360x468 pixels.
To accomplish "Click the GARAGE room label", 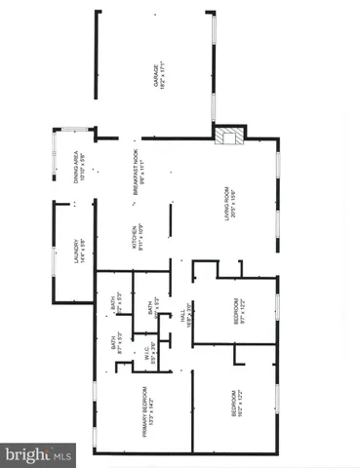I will click(157, 73).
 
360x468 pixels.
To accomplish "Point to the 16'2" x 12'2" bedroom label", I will click(236, 404).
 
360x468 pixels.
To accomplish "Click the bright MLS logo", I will click(38, 454).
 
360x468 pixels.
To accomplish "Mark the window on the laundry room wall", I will click(54, 262).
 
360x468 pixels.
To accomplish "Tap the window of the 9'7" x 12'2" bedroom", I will click(277, 307).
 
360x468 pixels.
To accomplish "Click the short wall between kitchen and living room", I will click(170, 220).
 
